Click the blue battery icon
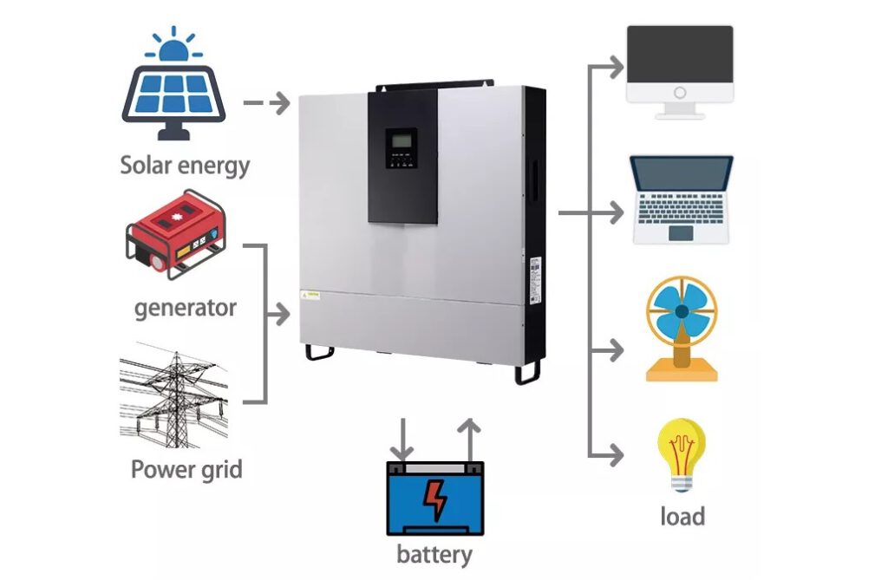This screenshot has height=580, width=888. click(x=434, y=498)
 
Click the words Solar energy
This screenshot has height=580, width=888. click(x=185, y=166)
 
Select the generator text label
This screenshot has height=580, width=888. click(x=186, y=308)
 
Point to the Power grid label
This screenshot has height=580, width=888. click(x=186, y=470)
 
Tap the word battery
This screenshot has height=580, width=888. click(x=434, y=554)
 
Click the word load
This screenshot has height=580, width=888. click(x=682, y=517)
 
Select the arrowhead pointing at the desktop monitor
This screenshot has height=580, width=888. click(x=616, y=66)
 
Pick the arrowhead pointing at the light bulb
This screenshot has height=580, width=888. click(x=616, y=453)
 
